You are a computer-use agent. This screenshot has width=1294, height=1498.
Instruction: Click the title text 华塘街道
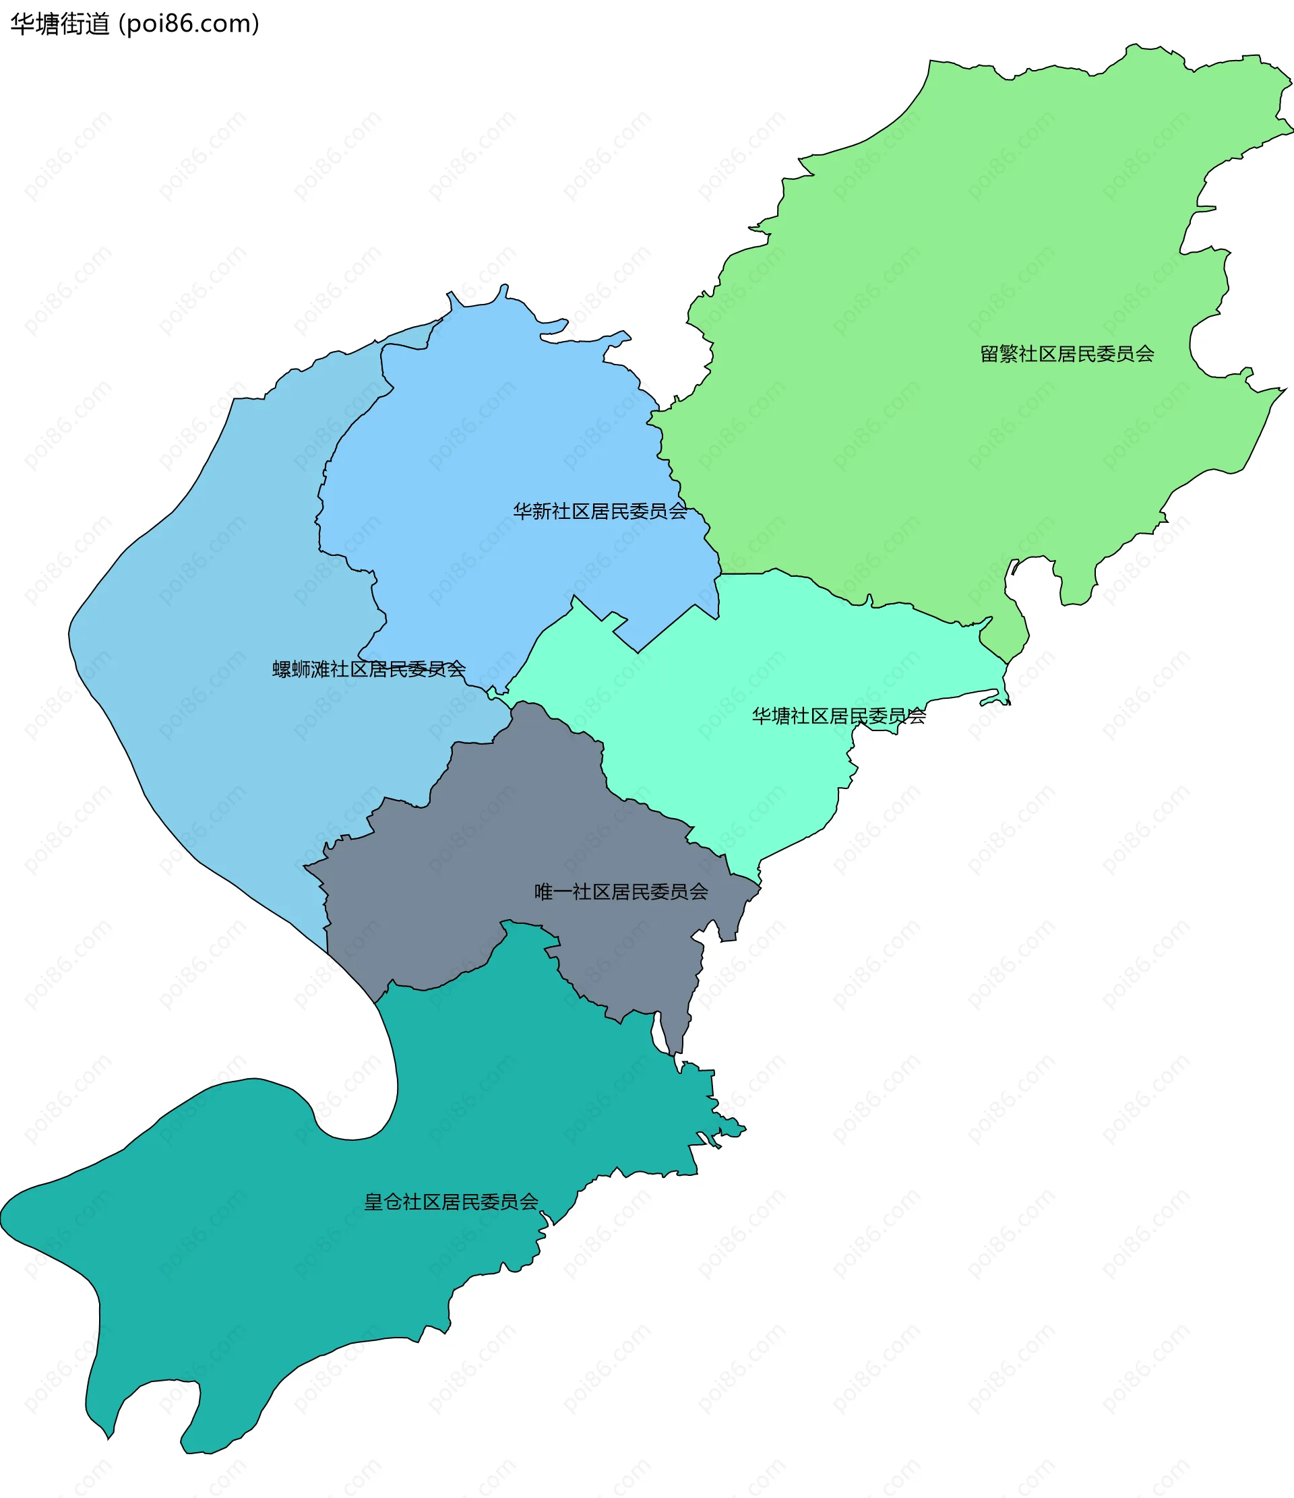(60, 24)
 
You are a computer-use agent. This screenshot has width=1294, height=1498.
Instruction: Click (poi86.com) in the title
(189, 24)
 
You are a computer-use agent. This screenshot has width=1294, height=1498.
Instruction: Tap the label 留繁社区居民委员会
(1067, 354)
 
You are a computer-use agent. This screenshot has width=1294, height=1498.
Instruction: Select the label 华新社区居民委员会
(600, 512)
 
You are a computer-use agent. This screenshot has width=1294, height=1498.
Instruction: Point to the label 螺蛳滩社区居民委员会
(369, 669)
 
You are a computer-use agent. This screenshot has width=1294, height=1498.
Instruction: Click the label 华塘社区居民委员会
(838, 716)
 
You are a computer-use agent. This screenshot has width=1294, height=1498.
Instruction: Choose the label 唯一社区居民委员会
(621, 892)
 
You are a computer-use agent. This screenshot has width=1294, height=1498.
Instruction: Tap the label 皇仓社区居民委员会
(451, 1202)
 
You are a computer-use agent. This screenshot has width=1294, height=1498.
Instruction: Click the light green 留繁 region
(939, 253)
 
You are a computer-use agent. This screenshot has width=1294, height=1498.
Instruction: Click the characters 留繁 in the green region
(999, 354)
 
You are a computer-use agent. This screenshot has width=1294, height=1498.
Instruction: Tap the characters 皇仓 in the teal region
(383, 1202)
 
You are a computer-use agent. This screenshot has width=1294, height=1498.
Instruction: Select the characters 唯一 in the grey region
(553, 892)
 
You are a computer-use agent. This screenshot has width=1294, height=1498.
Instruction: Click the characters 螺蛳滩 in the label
(301, 669)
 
